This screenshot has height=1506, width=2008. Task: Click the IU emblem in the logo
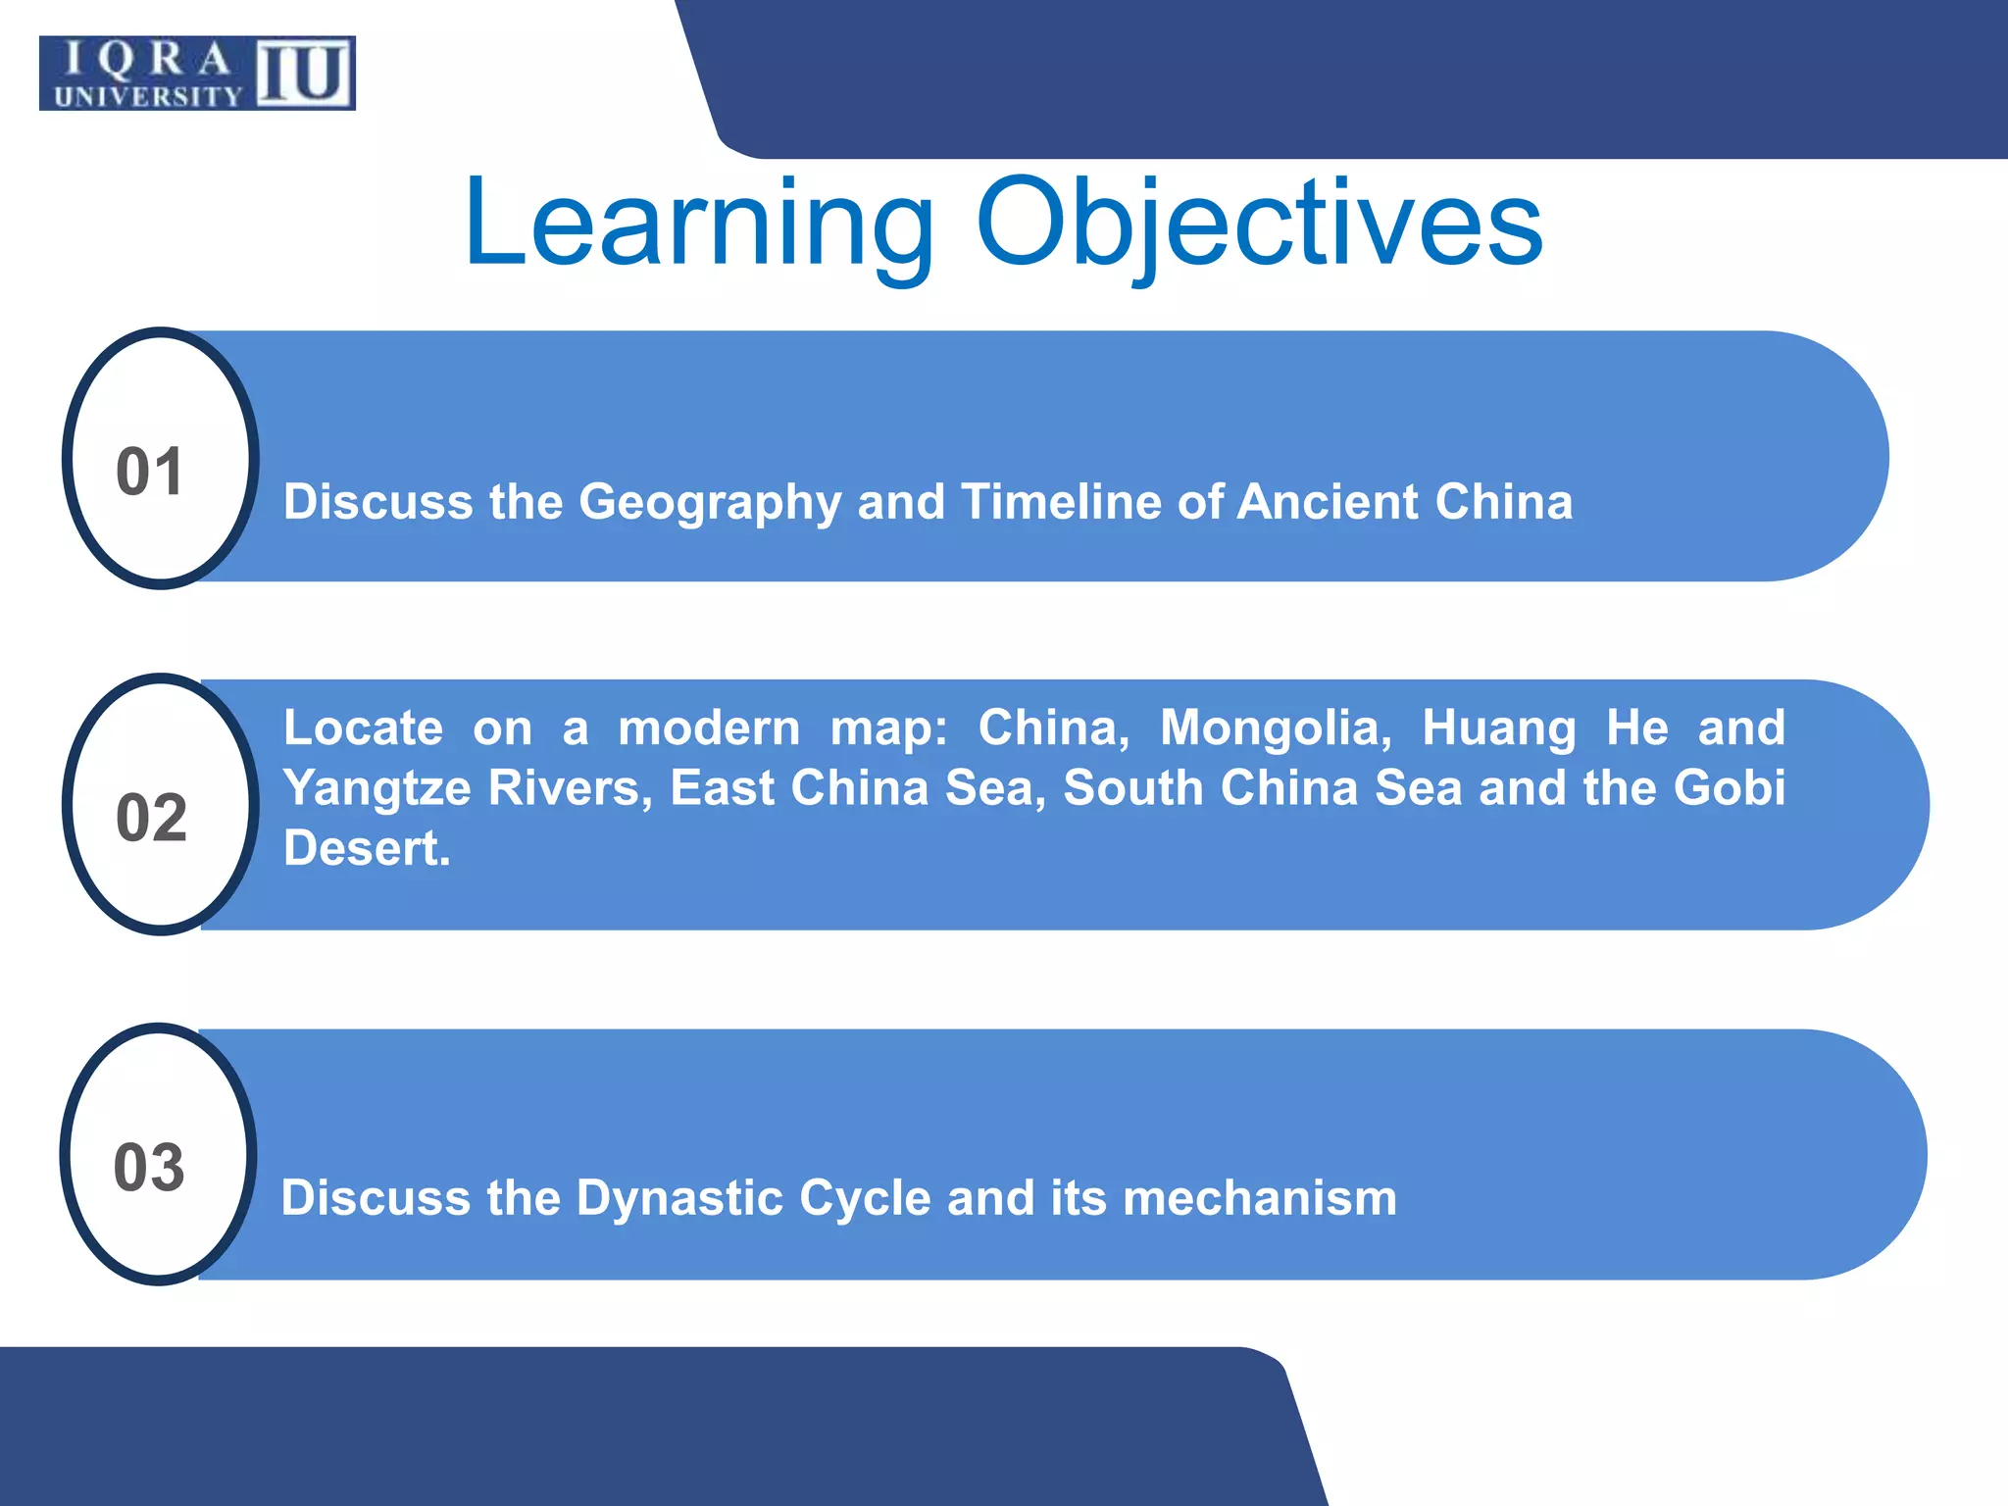coord(304,74)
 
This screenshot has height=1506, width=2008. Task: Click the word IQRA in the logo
coord(147,60)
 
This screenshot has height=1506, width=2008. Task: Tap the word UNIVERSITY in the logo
coord(148,96)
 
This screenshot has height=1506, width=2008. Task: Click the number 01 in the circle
coord(150,472)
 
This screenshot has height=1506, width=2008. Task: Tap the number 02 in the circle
coord(151,818)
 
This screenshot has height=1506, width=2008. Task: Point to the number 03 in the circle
coord(149,1168)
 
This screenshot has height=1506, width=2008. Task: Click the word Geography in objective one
coord(710,503)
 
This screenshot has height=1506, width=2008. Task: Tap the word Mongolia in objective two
coord(1276,728)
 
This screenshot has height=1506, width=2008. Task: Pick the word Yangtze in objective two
coord(377,789)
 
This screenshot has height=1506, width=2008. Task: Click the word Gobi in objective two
coord(1730,787)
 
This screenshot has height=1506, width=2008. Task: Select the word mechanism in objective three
coord(1260,1197)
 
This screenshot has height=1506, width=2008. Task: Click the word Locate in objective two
coord(363,728)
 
